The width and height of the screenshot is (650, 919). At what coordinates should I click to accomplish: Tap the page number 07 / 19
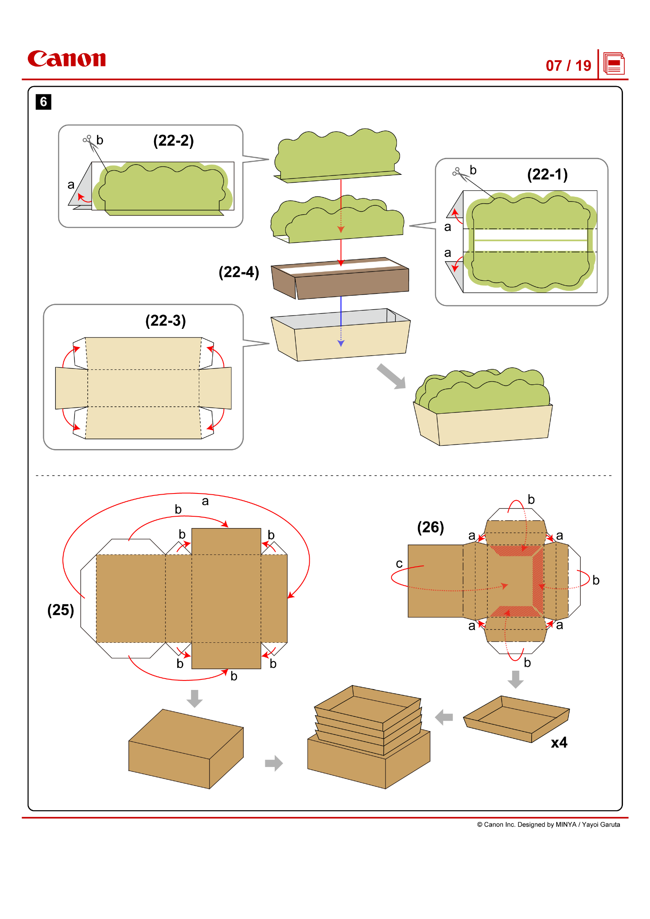[x=568, y=66]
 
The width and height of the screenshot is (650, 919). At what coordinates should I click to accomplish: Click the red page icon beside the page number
[x=613, y=64]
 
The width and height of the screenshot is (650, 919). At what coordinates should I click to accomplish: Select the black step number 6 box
[x=43, y=102]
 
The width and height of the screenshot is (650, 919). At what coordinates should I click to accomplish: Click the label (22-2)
[x=173, y=141]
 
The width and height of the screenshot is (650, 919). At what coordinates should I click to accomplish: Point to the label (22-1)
[x=547, y=174]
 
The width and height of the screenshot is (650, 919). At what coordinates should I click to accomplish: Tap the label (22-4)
[x=239, y=272]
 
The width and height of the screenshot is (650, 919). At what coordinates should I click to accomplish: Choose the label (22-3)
[x=165, y=320]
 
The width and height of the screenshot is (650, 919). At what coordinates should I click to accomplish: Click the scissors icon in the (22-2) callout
[x=88, y=141]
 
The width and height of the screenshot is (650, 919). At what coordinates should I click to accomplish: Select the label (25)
[x=61, y=610]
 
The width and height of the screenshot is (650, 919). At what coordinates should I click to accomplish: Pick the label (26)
[x=430, y=527]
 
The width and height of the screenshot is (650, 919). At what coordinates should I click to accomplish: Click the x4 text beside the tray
[x=559, y=743]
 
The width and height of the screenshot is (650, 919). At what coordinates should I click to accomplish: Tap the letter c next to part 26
[x=399, y=563]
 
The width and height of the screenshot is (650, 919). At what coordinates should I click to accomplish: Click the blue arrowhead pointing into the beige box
[x=341, y=343]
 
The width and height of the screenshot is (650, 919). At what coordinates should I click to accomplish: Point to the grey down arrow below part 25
[x=195, y=699]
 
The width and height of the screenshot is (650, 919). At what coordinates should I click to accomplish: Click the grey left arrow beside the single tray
[x=444, y=717]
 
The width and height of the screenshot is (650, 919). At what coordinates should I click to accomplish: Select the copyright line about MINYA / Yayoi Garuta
[x=548, y=825]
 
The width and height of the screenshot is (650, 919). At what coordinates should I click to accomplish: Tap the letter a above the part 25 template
[x=205, y=501]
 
